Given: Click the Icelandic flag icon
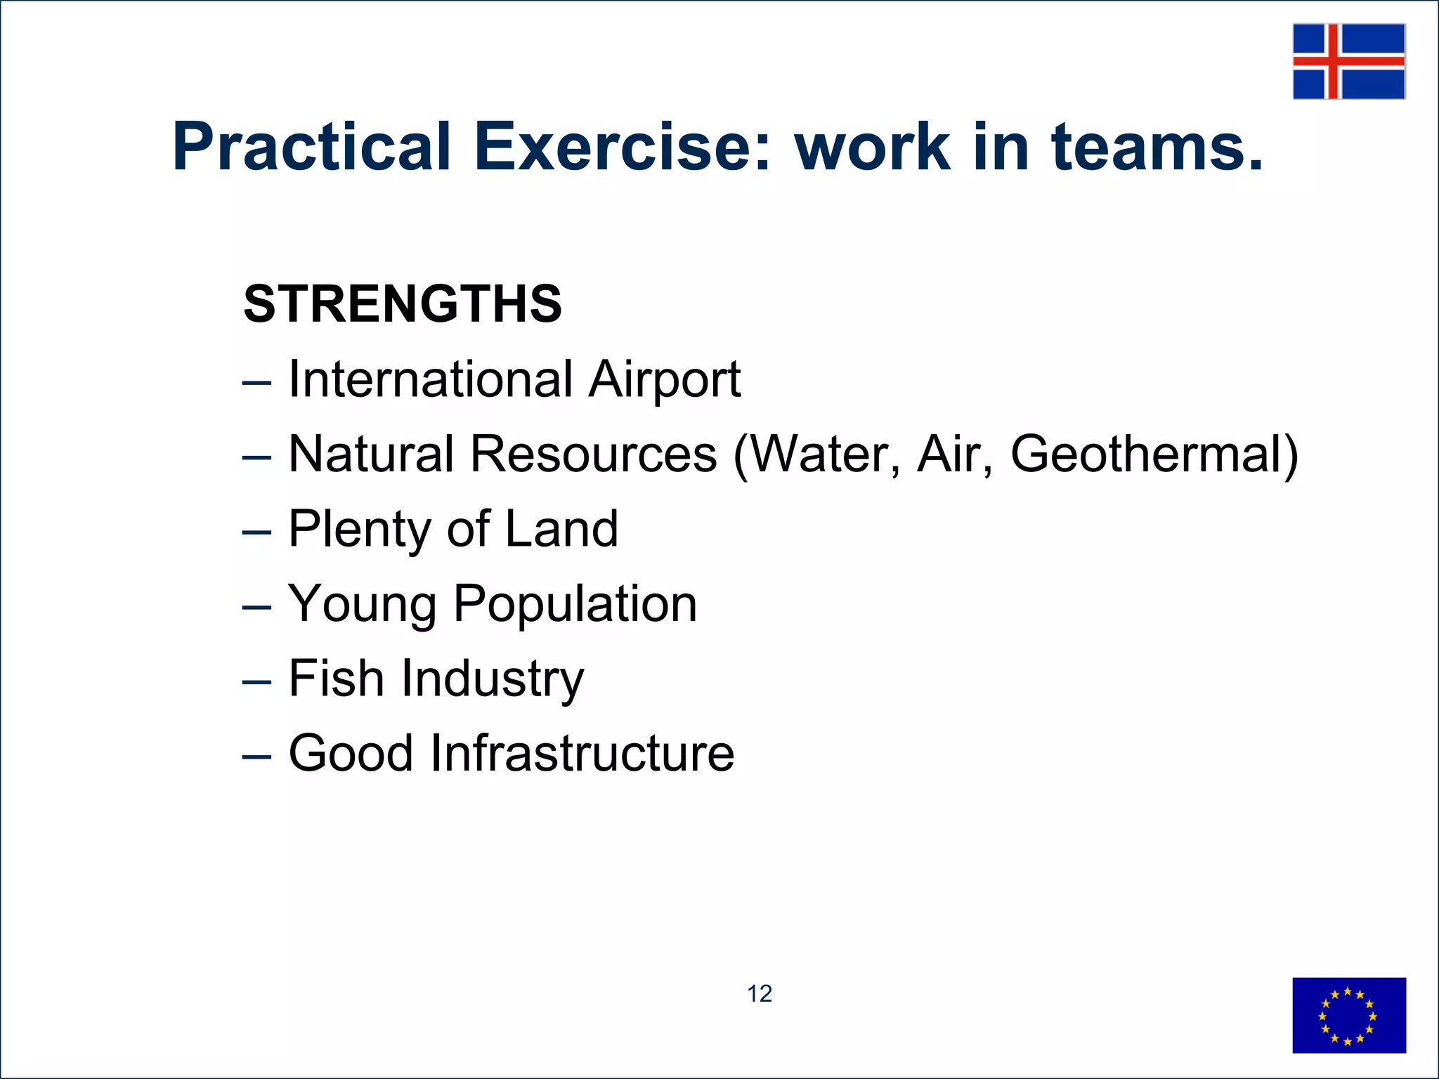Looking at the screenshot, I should click(1348, 61).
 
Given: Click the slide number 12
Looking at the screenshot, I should click(759, 994).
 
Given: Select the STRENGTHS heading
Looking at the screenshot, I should click(403, 304).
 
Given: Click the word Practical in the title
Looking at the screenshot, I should click(311, 147).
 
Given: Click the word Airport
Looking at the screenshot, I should click(665, 380).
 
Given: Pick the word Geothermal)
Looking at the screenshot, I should click(1154, 455).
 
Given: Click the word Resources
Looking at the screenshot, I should click(594, 455).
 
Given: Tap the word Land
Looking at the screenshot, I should click(561, 529).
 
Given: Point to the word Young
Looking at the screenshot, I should click(362, 605).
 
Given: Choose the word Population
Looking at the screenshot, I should click(575, 605).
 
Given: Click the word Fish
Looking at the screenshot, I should click(336, 679).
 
